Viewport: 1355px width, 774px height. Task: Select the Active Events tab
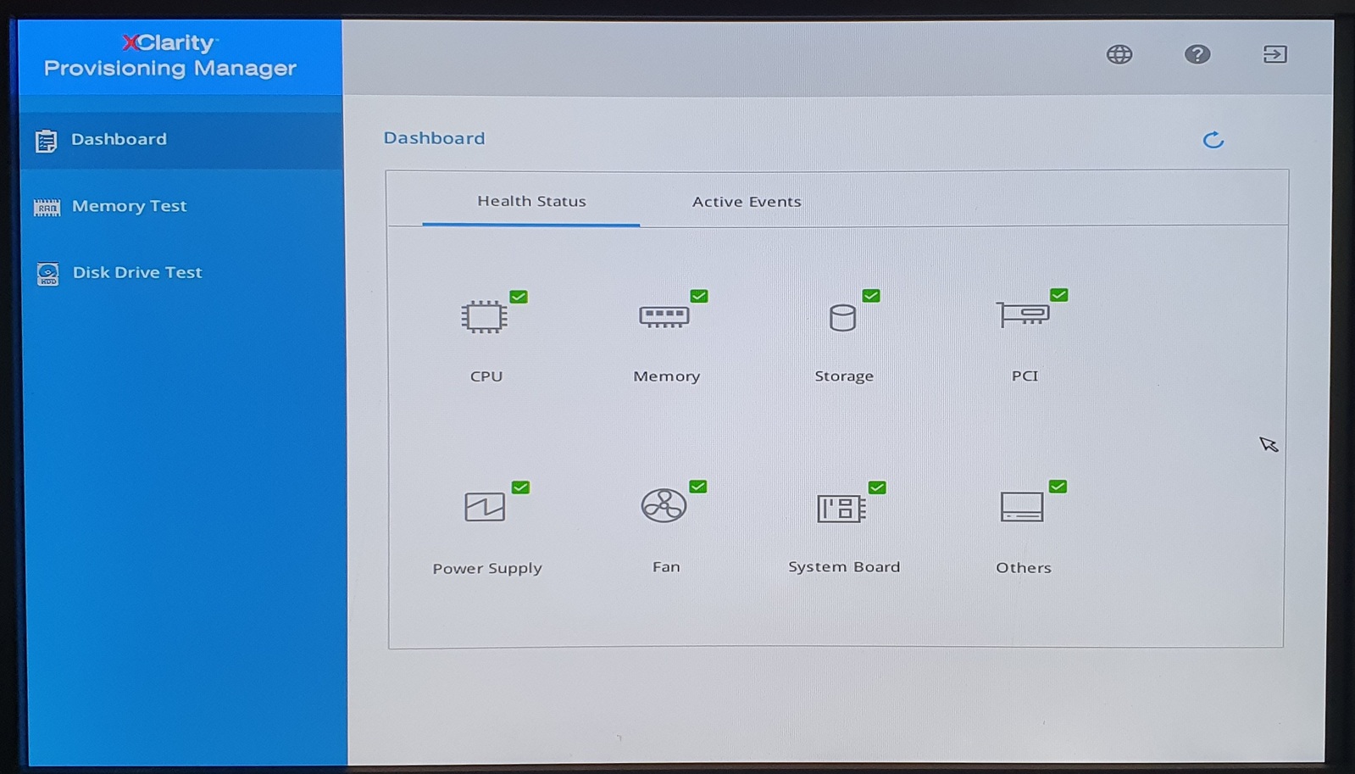click(x=747, y=202)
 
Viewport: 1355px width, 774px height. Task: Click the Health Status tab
click(x=531, y=201)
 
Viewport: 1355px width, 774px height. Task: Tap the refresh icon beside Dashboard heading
click(x=1213, y=140)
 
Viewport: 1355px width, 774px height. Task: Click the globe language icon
click(x=1119, y=54)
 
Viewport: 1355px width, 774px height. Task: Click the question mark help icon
click(x=1197, y=54)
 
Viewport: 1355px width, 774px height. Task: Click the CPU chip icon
click(x=484, y=316)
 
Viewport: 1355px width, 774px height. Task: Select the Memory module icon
click(x=664, y=316)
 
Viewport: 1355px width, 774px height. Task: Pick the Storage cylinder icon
click(x=842, y=318)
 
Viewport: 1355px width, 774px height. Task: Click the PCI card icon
click(x=1022, y=314)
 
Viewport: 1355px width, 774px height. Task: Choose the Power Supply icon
click(x=485, y=506)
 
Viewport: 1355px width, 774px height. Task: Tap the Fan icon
click(x=664, y=505)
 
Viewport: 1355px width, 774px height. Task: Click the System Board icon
click(x=841, y=509)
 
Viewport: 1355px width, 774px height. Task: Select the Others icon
click(x=1022, y=506)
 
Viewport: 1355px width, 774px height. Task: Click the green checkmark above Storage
click(x=871, y=295)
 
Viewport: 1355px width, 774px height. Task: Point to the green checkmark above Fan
click(x=698, y=487)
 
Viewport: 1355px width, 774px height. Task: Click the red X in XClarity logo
click(x=131, y=42)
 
